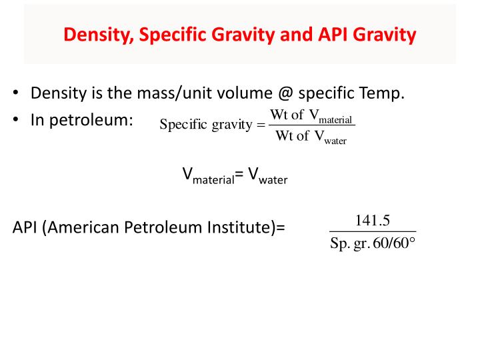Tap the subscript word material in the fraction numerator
tap(336, 120)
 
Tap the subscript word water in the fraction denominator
tap(335, 141)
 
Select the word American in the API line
tap(84, 227)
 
